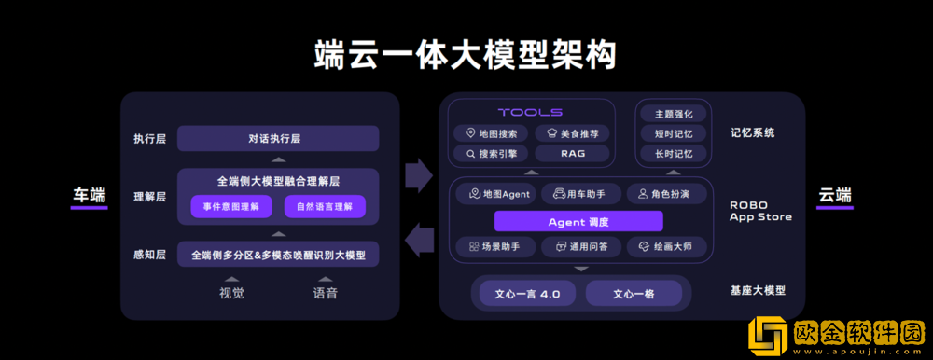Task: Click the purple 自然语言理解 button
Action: pyautogui.click(x=324, y=206)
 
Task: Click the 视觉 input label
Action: pyautogui.click(x=231, y=293)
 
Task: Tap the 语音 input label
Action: pyautogui.click(x=325, y=293)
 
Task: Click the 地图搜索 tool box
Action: pyautogui.click(x=492, y=133)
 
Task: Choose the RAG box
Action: pyautogui.click(x=573, y=153)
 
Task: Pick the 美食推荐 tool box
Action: pyautogui.click(x=573, y=133)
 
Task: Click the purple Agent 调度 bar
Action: pyautogui.click(x=578, y=222)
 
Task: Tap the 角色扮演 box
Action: pyautogui.click(x=665, y=194)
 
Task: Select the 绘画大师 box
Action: pyautogui.click(x=665, y=247)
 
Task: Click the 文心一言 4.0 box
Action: pyautogui.click(x=527, y=294)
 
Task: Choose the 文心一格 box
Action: pyautogui.click(x=634, y=294)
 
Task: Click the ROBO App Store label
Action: pyautogui.click(x=760, y=211)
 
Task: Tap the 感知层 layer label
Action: pyautogui.click(x=149, y=255)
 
